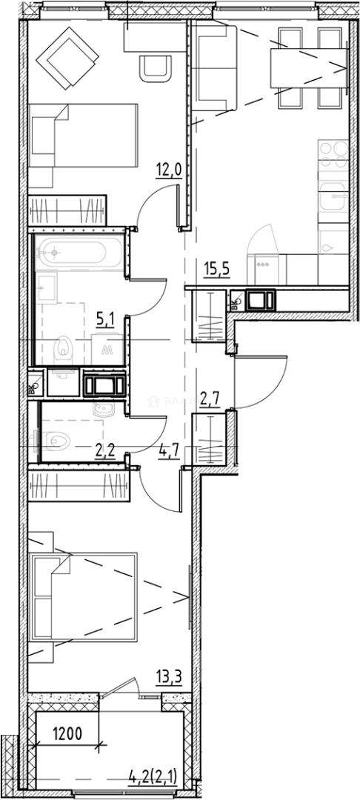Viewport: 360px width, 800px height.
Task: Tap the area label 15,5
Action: point(216,266)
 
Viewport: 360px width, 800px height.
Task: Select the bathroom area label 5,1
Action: point(105,320)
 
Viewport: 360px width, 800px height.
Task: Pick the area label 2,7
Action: point(210,402)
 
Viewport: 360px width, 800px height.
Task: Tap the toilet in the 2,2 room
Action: point(56,441)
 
